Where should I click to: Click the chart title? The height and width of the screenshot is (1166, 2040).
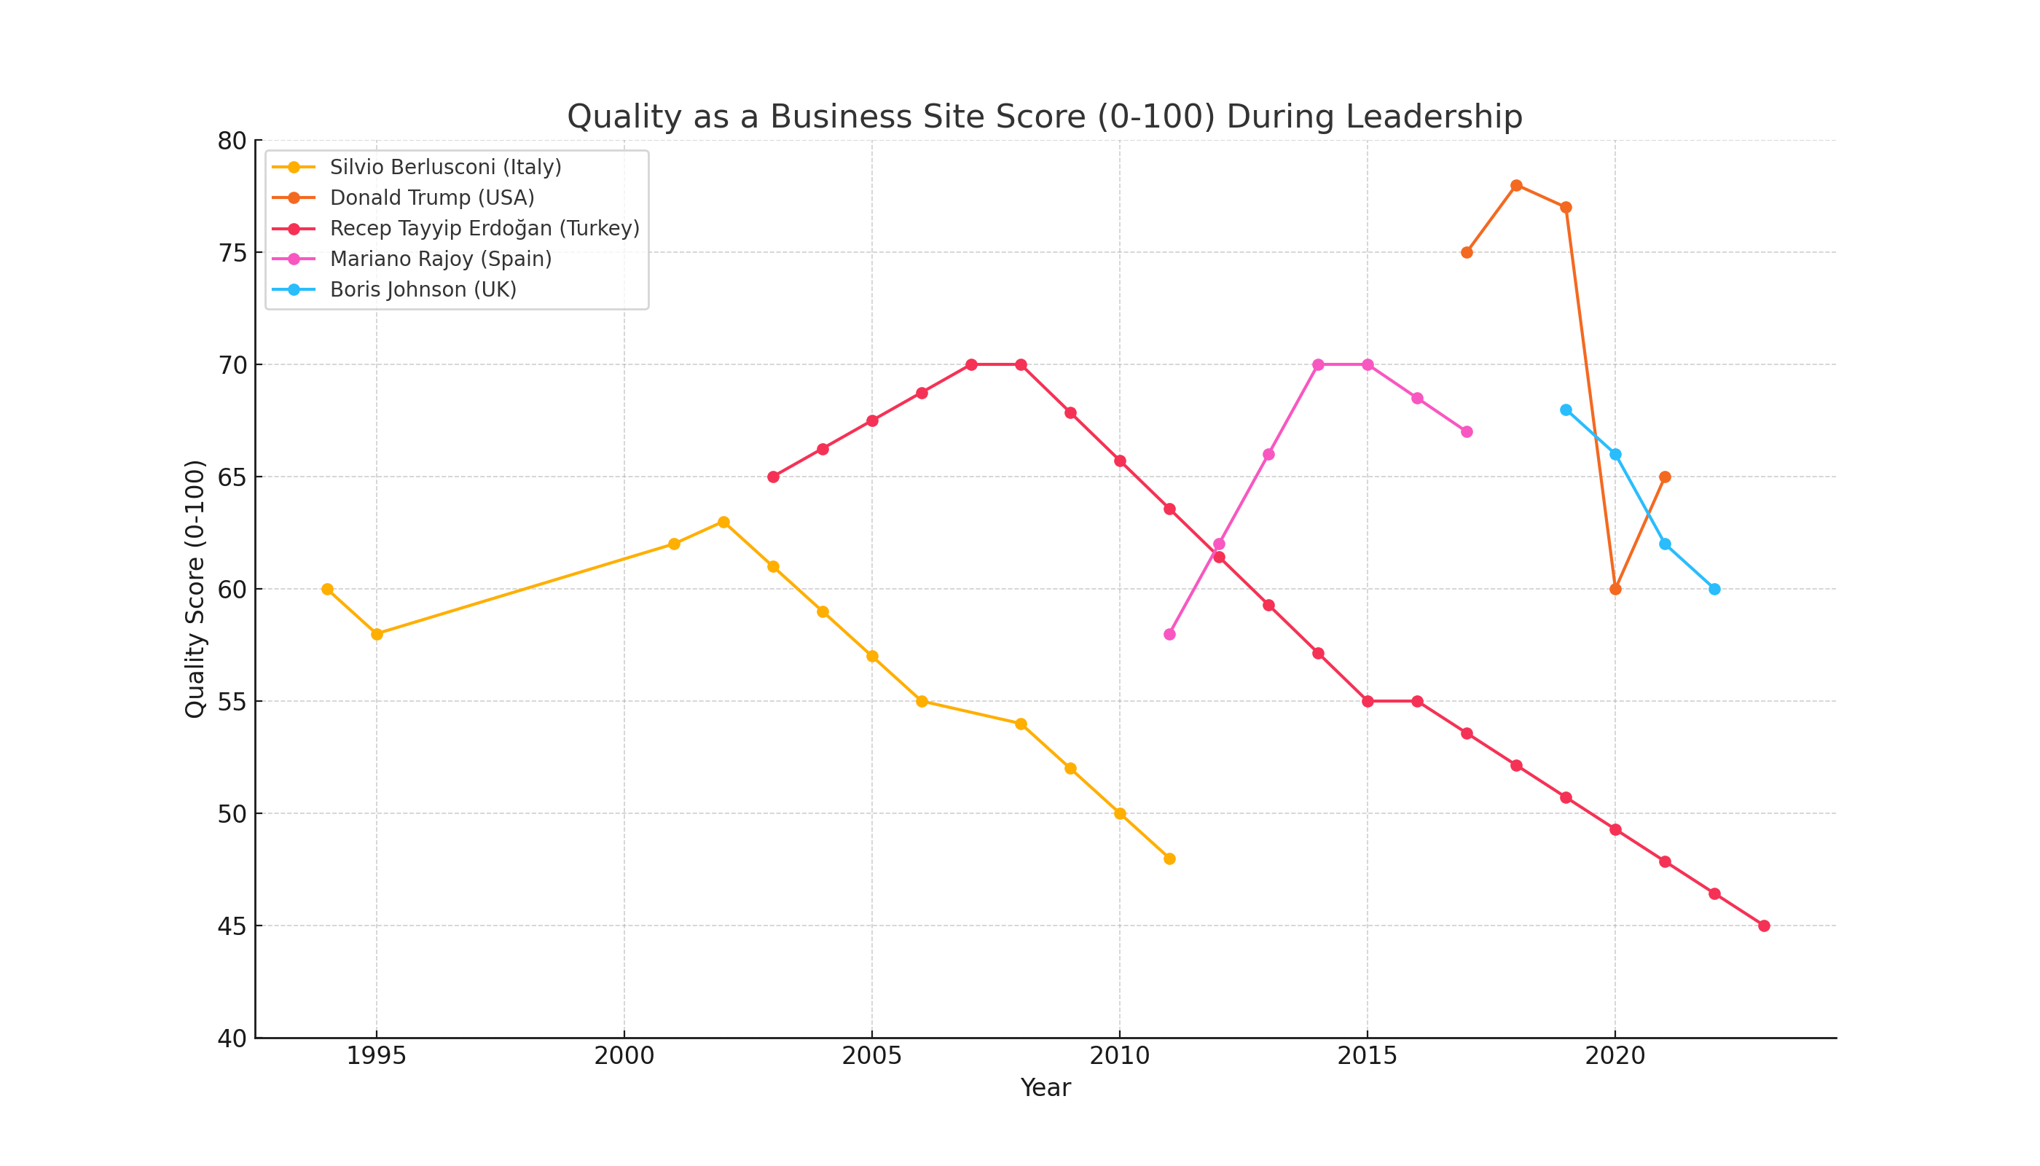(1044, 117)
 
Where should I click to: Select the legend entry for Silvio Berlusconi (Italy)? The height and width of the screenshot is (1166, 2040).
(445, 168)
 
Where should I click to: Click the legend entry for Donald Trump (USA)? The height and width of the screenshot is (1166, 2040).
(431, 197)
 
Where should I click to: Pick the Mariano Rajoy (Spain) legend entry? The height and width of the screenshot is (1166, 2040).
(440, 259)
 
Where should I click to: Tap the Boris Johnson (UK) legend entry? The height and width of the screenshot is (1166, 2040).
(423, 289)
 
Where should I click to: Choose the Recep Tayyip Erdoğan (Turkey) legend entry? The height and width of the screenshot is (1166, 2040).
(484, 228)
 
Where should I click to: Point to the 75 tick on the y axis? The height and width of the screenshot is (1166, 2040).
(232, 253)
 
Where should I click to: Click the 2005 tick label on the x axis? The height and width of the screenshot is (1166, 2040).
(872, 1056)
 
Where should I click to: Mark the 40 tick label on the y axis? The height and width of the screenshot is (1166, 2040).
(232, 1038)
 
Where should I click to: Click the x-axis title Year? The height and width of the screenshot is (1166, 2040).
(1045, 1088)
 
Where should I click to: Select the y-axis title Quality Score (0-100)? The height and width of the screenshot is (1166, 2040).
(195, 589)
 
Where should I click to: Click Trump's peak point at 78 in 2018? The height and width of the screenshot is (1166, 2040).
(1516, 186)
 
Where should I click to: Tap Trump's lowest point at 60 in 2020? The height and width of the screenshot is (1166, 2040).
(1615, 590)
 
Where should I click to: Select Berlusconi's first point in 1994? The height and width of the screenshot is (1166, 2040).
(327, 590)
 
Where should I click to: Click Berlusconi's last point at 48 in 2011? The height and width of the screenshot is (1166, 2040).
(1169, 858)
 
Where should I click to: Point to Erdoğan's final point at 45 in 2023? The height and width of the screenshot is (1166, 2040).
(1764, 926)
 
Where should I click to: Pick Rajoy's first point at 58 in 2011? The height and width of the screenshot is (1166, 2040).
(1169, 634)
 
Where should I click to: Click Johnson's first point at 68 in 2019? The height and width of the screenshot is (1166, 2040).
(1566, 410)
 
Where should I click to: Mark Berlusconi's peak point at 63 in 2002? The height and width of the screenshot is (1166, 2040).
(723, 522)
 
